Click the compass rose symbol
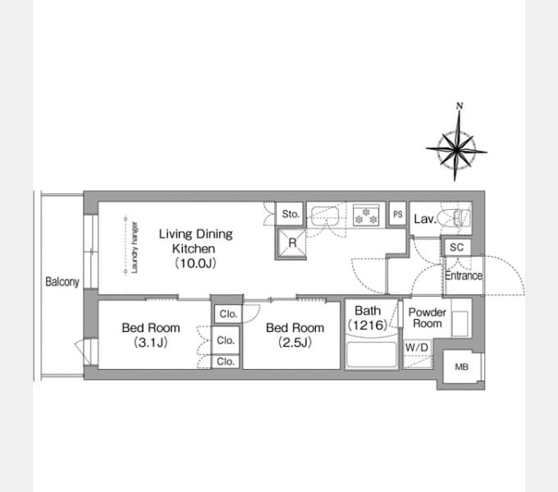[456, 150]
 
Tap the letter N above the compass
[460, 106]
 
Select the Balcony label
[62, 282]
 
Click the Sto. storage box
[290, 214]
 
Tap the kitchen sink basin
[325, 216]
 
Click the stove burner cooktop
[366, 216]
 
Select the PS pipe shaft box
[397, 214]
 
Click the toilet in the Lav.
[455, 217]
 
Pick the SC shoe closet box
[456, 247]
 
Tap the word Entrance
[464, 276]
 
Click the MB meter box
[461, 367]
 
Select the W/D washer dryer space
[417, 354]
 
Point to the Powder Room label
[427, 318]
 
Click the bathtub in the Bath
[372, 354]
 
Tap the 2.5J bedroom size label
[295, 342]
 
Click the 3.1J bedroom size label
[151, 342]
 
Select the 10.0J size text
[195, 263]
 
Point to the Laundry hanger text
[135, 248]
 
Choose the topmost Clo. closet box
[228, 314]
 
